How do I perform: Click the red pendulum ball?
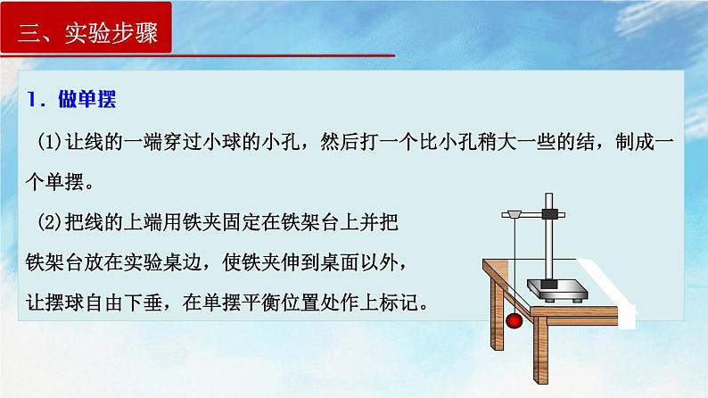coord(514,319)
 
